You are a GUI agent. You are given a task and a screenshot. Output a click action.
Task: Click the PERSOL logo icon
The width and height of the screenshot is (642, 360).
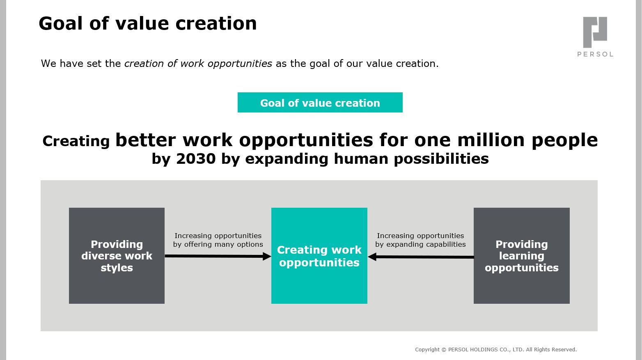[x=595, y=32]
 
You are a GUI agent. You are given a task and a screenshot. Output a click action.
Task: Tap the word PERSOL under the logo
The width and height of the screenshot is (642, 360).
[x=595, y=54]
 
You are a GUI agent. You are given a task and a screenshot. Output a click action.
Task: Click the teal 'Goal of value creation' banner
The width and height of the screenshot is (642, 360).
[x=320, y=102]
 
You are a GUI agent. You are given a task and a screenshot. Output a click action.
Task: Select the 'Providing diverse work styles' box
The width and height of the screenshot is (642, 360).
[x=117, y=256]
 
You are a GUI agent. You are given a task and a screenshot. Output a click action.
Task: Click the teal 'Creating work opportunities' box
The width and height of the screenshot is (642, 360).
[x=319, y=256]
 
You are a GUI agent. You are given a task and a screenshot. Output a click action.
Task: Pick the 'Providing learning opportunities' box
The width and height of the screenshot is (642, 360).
[x=522, y=256]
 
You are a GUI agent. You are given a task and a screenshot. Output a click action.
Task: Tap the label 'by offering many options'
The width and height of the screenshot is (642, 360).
[x=218, y=245]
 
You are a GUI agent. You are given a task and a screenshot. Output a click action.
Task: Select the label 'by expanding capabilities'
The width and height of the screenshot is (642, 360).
[x=420, y=245]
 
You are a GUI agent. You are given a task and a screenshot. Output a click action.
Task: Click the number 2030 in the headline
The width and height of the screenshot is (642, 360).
[x=196, y=158]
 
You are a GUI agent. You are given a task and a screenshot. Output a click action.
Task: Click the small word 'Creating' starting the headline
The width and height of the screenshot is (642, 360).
[x=76, y=141]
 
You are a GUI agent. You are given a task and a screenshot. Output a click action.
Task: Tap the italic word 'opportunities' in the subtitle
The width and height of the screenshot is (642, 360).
[x=240, y=64]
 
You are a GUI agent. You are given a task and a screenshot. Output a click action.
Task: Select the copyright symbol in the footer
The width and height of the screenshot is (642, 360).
[x=444, y=350]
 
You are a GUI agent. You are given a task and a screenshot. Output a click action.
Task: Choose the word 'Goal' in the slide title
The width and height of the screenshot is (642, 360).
[x=61, y=23]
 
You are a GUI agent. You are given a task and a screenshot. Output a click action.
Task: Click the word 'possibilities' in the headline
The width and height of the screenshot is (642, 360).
[x=441, y=159]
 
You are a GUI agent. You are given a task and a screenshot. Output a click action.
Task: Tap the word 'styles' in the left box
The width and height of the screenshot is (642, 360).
[x=117, y=268]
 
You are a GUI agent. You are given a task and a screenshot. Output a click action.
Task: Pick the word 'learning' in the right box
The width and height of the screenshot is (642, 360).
[x=522, y=256]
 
